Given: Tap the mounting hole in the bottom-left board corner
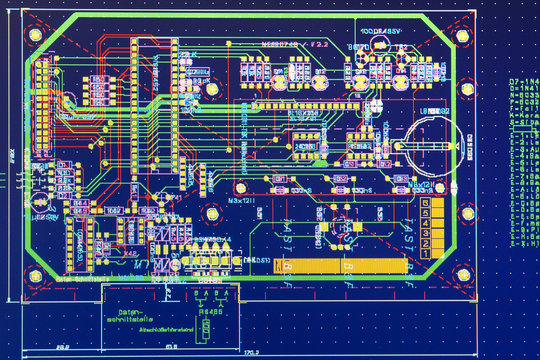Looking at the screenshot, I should pos(36,273).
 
